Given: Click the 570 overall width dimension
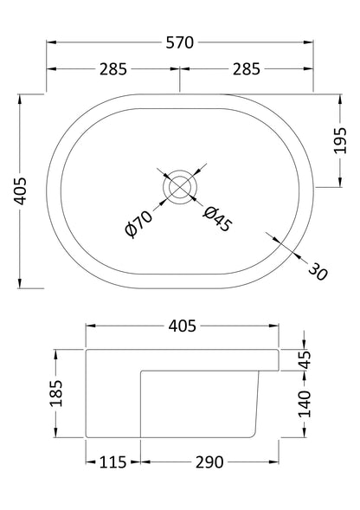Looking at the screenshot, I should click(179, 42).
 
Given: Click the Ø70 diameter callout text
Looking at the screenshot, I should click(139, 223).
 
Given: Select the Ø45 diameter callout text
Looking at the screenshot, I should click(218, 218).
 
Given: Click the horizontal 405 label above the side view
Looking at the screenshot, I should click(181, 326).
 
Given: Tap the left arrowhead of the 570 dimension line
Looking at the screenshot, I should click(49, 42).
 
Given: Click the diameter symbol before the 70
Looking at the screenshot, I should click(131, 231).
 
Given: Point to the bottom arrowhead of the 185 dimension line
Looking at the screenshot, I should click(57, 437).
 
